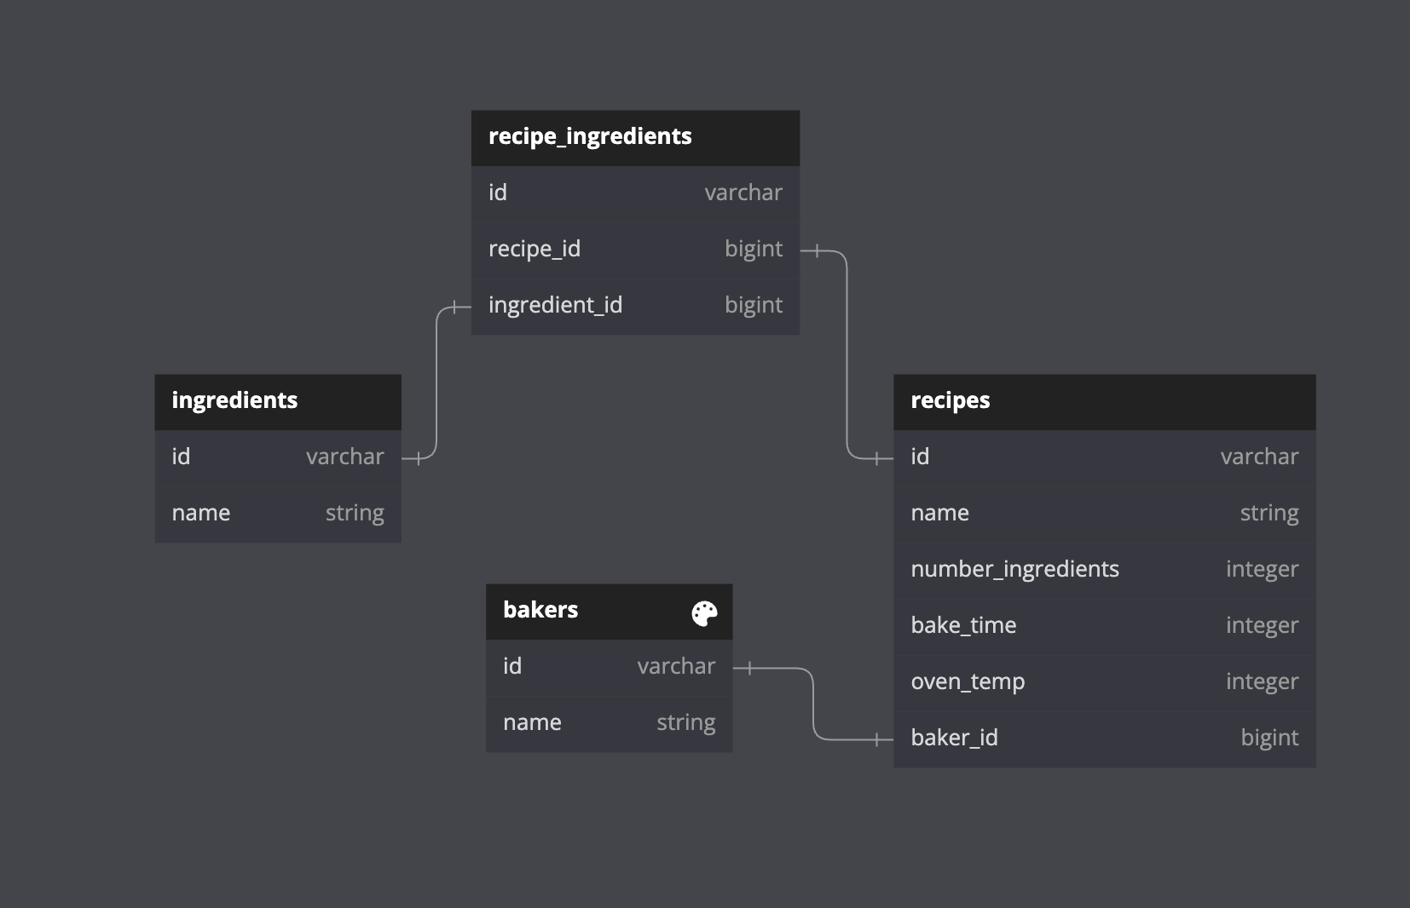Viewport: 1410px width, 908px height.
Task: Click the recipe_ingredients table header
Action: pyautogui.click(x=590, y=137)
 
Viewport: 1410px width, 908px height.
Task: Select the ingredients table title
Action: pyautogui.click(x=234, y=400)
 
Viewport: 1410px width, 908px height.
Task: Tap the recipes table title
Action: pyautogui.click(x=950, y=400)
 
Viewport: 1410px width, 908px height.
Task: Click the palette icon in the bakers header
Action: pyautogui.click(x=704, y=612)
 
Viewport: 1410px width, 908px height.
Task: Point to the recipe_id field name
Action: pyautogui.click(x=534, y=249)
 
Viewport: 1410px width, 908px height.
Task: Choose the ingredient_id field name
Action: pyautogui.click(x=555, y=305)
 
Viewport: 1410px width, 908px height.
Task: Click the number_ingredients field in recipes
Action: pyautogui.click(x=1014, y=569)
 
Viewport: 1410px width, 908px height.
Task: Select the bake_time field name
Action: pyautogui.click(x=963, y=625)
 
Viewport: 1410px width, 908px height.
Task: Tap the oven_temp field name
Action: pyautogui.click(x=968, y=681)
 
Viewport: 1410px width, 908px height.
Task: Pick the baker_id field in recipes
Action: pyautogui.click(x=954, y=738)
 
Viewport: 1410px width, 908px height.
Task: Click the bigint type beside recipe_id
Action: pyautogui.click(x=754, y=249)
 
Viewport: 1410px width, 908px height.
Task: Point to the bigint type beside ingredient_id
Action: pyautogui.click(x=754, y=305)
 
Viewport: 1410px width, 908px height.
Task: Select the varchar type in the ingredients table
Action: pyautogui.click(x=345, y=457)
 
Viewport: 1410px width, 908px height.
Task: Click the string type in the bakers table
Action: pyautogui.click(x=685, y=722)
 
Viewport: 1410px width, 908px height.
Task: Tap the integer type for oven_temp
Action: pyautogui.click(x=1262, y=681)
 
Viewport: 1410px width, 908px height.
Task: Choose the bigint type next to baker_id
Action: pyautogui.click(x=1269, y=738)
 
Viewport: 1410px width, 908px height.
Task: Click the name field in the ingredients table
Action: pyautogui.click(x=201, y=513)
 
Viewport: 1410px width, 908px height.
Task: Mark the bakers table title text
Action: pyautogui.click(x=540, y=610)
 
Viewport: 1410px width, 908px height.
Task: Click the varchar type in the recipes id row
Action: pyautogui.click(x=1259, y=457)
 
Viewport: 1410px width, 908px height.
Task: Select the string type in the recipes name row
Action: pyautogui.click(x=1269, y=513)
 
